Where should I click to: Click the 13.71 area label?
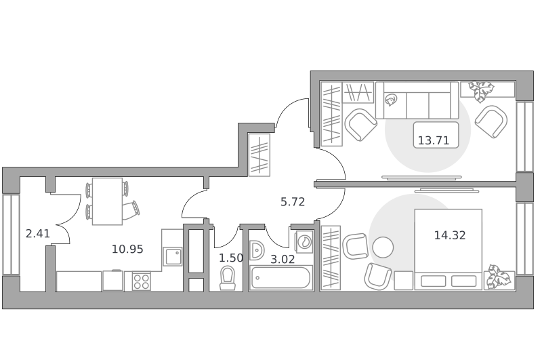(x=434, y=140)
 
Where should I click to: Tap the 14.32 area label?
(x=450, y=235)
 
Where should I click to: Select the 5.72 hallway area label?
(x=293, y=201)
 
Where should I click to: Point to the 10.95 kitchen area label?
(x=127, y=249)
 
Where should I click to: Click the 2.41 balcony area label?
(x=38, y=233)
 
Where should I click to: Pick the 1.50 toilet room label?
(x=231, y=258)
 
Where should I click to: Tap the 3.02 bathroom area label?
(x=283, y=259)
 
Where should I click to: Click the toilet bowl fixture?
(x=227, y=278)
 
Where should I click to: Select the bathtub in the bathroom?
(x=280, y=277)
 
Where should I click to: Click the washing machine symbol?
(x=304, y=241)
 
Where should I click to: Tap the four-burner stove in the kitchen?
(x=142, y=281)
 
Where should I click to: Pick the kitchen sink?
(x=173, y=256)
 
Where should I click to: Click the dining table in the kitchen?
(x=107, y=201)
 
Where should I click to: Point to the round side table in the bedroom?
(x=383, y=247)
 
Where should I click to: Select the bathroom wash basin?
(x=257, y=250)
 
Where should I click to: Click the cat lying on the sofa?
(x=392, y=100)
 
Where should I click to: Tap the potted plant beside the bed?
(x=499, y=277)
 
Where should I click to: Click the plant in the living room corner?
(x=482, y=91)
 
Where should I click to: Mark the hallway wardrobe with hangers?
(x=259, y=155)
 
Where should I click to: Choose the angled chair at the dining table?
(x=131, y=209)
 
